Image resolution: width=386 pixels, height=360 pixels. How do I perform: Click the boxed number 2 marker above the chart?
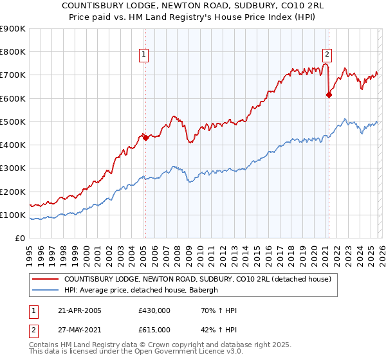(x=327, y=55)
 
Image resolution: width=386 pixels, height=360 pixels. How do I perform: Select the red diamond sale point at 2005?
(x=146, y=137)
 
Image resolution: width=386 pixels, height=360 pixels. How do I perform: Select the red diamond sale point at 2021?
(x=329, y=94)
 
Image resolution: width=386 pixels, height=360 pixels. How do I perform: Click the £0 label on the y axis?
(x=19, y=238)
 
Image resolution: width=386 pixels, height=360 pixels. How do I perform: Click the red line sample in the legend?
(x=46, y=279)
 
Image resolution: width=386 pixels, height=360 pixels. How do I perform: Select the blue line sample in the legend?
(x=46, y=290)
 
